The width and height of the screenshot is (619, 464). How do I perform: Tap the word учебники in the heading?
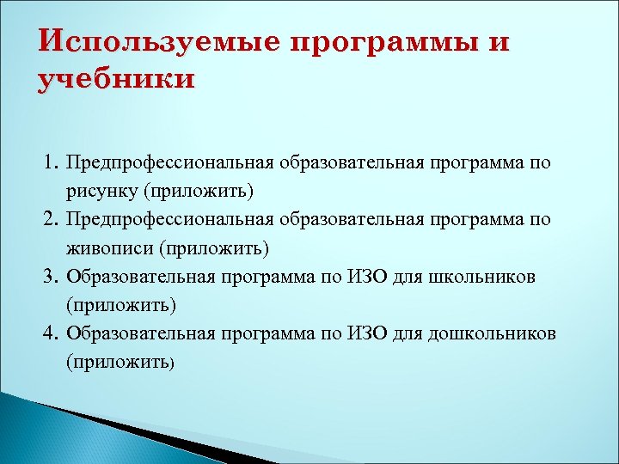(x=117, y=79)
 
